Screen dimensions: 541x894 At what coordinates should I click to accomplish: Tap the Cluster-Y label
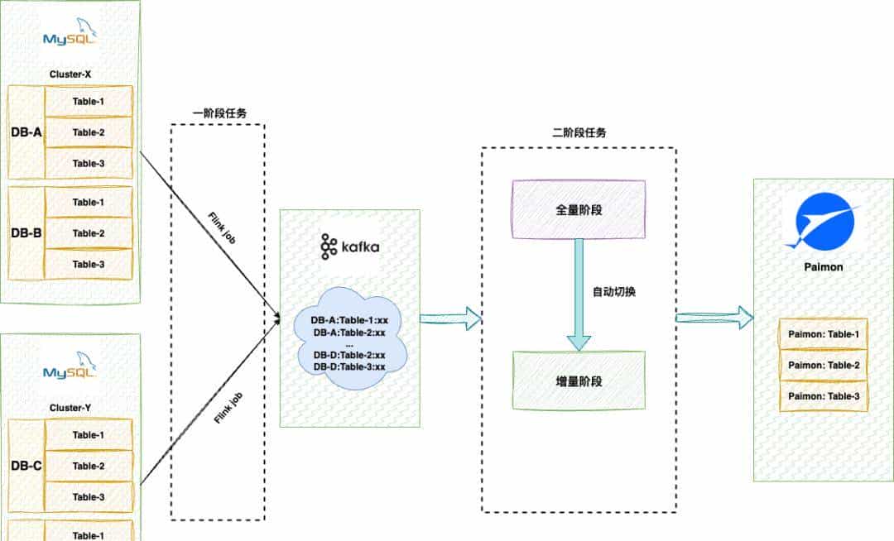pyautogui.click(x=70, y=408)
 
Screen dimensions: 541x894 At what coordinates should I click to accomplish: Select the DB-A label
pyautogui.click(x=26, y=132)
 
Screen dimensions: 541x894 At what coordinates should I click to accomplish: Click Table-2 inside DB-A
pyautogui.click(x=88, y=132)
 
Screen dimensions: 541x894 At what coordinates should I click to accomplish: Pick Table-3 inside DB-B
pyautogui.click(x=88, y=264)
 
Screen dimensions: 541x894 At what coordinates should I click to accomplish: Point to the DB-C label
pyautogui.click(x=26, y=466)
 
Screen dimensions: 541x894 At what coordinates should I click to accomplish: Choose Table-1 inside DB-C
pyautogui.click(x=88, y=435)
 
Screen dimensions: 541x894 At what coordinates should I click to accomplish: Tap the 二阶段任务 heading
pyautogui.click(x=578, y=132)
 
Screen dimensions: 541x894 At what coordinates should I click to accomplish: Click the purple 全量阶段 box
pyautogui.click(x=579, y=210)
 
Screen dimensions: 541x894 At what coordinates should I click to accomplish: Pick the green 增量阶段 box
pyautogui.click(x=579, y=381)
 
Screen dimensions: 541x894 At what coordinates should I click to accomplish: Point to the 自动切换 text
pyautogui.click(x=614, y=293)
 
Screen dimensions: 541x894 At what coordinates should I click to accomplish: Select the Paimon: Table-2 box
pyautogui.click(x=823, y=365)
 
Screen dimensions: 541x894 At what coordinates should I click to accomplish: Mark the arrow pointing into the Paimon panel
pyautogui.click(x=714, y=318)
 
